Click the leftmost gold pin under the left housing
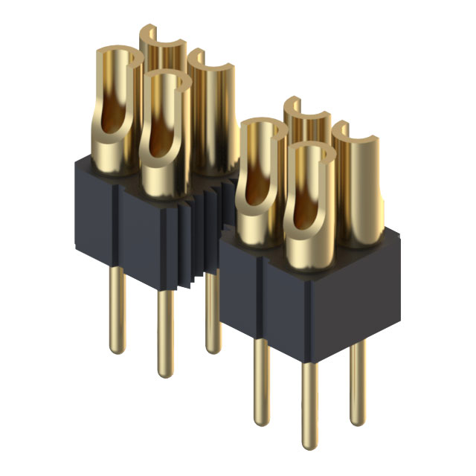pos(117,309)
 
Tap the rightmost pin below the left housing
pos(212,312)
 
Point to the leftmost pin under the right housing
pos(260,379)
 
